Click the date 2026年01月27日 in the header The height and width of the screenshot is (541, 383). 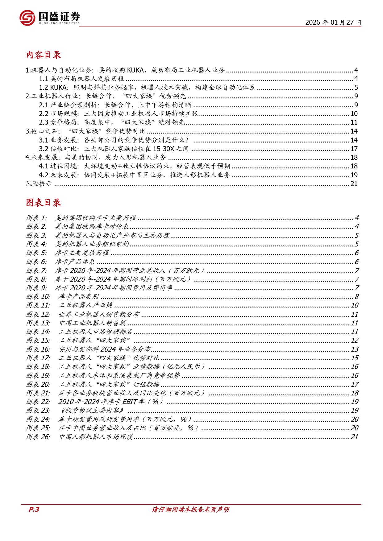pyautogui.click(x=333, y=22)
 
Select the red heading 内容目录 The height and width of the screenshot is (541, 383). pyautogui.click(x=44, y=55)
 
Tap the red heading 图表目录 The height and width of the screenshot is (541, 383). pyautogui.click(x=44, y=203)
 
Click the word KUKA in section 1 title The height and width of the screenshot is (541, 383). pyautogui.click(x=135, y=70)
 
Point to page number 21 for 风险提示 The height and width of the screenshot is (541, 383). pyautogui.click(x=354, y=184)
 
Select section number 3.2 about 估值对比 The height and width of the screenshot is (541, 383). pyautogui.click(x=44, y=149)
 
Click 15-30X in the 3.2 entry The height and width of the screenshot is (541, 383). pyautogui.click(x=164, y=149)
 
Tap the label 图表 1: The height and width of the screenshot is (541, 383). pyautogui.click(x=36, y=218)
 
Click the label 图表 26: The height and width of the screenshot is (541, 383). pyautogui.click(x=38, y=437)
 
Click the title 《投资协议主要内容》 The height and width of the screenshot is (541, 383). pyautogui.click(x=92, y=411)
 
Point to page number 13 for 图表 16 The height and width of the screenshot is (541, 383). pyautogui.click(x=355, y=349)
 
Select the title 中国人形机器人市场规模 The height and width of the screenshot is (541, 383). pyautogui.click(x=96, y=437)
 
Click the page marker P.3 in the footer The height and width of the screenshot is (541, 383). pyautogui.click(x=34, y=510)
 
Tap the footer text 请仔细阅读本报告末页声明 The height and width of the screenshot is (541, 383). pyautogui.click(x=190, y=510)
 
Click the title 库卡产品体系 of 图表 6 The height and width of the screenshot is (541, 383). pyautogui.click(x=75, y=262)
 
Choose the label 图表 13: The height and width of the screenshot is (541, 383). pyautogui.click(x=38, y=323)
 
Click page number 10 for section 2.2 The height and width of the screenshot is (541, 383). pyautogui.click(x=354, y=114)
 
